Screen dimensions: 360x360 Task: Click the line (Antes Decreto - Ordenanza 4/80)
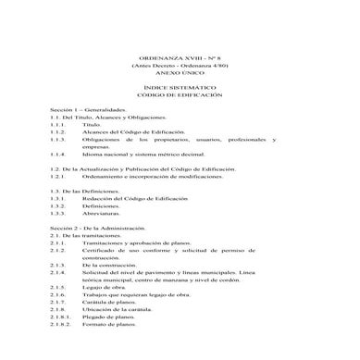(x=180, y=66)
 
